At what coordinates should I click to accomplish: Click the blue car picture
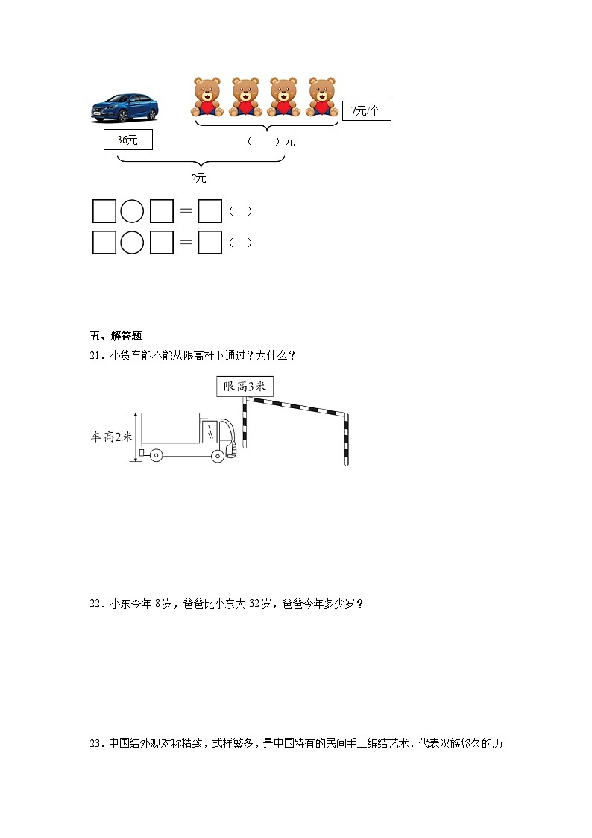125,107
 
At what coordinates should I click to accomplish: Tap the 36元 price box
127,140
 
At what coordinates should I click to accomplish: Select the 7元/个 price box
365,111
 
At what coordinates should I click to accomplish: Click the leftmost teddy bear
207,96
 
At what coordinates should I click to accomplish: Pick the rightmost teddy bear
322,96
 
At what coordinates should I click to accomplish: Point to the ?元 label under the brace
198,178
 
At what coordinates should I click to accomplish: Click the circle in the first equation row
132,211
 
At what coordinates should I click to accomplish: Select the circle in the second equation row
132,243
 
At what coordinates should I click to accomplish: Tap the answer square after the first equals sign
210,211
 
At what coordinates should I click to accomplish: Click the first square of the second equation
104,243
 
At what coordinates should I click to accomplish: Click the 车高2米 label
111,437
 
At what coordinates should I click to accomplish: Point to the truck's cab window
212,431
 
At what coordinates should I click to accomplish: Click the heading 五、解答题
110,335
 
